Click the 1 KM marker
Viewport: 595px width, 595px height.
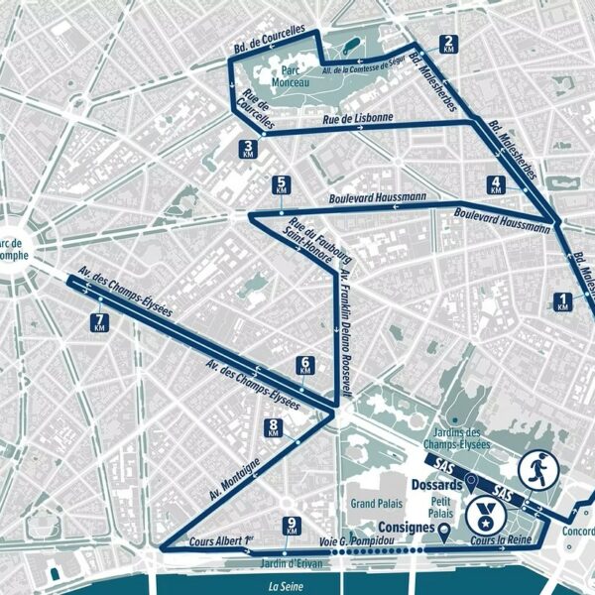coord(564,302)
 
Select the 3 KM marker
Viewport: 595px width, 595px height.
coord(249,150)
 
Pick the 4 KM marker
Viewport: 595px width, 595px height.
coord(496,184)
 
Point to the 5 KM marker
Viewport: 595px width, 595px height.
coord(283,185)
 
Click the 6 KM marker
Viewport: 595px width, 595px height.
coord(305,366)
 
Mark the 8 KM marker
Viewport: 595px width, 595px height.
coord(274,427)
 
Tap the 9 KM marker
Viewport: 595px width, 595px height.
coord(292,527)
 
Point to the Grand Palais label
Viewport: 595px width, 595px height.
coord(376,504)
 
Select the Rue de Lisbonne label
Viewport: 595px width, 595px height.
coord(358,119)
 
